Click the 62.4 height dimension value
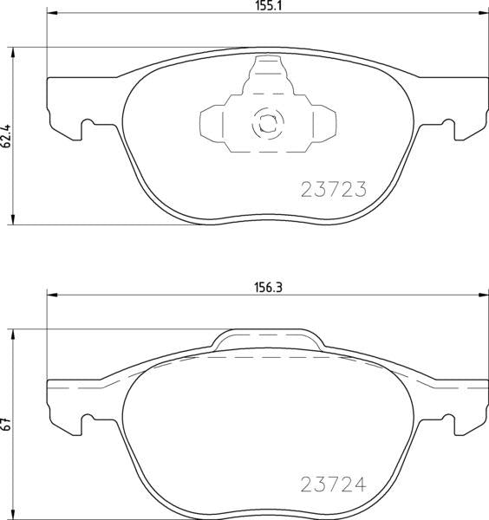click(7, 136)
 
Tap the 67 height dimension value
click(7, 425)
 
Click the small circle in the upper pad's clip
click(264, 123)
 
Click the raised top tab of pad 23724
click(264, 341)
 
